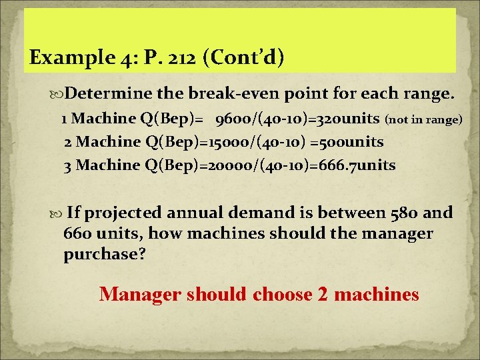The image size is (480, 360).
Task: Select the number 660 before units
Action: coord(79,234)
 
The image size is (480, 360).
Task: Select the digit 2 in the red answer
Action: coord(324,294)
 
